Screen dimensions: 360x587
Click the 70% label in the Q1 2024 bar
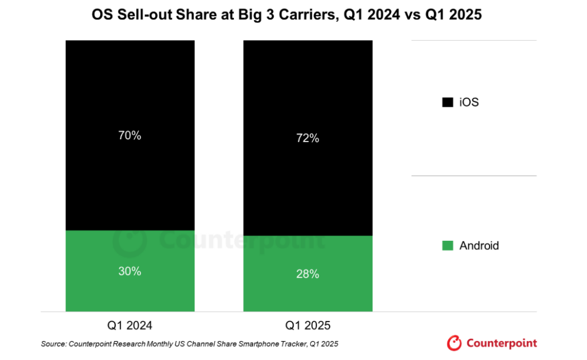[x=130, y=136]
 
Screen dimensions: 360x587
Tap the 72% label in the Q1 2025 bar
[x=308, y=138]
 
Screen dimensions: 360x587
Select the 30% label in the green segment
[x=130, y=271]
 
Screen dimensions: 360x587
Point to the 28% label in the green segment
[x=308, y=274]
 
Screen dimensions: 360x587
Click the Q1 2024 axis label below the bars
[x=130, y=326]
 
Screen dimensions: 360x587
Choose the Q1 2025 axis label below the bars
[x=308, y=326]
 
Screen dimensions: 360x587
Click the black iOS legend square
[x=448, y=103]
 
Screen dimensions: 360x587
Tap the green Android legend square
[x=448, y=246]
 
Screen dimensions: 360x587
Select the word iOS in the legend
[x=469, y=103]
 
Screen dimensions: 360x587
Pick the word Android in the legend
[x=479, y=246]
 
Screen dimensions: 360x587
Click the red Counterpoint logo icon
[x=454, y=343]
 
